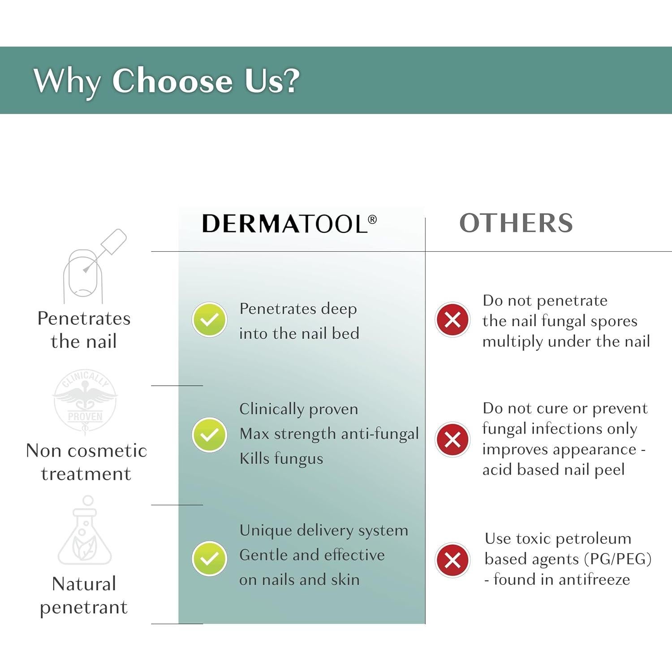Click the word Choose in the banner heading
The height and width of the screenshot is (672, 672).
click(172, 81)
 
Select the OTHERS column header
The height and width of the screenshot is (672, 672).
click(516, 223)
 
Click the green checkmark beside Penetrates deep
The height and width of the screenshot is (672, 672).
click(209, 319)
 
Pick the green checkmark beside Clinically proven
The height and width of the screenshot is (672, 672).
click(209, 435)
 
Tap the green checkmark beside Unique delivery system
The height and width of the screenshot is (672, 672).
click(209, 558)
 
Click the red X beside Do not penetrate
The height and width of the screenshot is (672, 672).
click(452, 320)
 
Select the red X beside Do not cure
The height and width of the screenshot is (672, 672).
click(452, 439)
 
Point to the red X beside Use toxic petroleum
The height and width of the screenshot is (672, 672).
click(452, 560)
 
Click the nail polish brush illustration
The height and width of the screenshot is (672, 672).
click(95, 266)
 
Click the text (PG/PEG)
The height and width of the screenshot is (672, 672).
click(618, 559)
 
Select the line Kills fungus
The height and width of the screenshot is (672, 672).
click(281, 459)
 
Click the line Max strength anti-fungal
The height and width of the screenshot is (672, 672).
click(329, 434)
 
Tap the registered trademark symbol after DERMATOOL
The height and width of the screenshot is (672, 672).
click(372, 220)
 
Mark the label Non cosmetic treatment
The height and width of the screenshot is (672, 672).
click(86, 462)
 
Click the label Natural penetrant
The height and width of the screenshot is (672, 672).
click(84, 596)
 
